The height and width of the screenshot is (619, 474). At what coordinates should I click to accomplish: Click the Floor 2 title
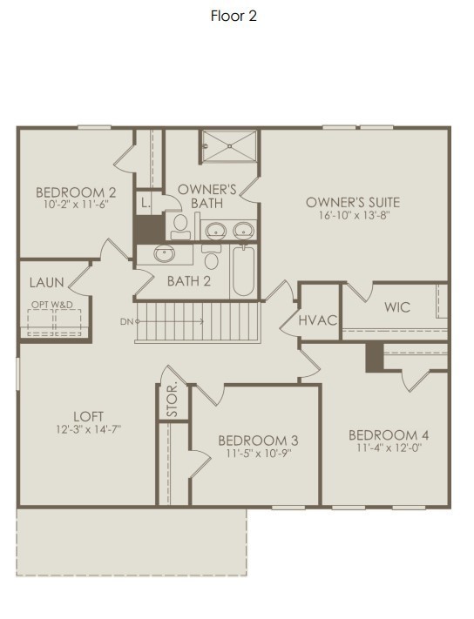[234, 16]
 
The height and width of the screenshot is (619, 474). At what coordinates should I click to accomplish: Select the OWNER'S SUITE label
[353, 202]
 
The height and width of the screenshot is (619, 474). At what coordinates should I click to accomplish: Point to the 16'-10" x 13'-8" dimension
[353, 215]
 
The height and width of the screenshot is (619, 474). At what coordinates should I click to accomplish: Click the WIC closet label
[397, 306]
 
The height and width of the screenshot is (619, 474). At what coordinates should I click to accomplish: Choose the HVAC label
[318, 320]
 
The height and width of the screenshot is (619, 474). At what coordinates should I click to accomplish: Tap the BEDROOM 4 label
[389, 435]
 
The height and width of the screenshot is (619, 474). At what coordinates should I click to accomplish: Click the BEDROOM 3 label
[258, 440]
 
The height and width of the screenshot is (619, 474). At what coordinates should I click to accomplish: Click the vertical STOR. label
[173, 399]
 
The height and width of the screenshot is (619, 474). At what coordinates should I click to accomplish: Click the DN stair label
[127, 322]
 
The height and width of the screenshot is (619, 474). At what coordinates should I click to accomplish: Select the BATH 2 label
[189, 281]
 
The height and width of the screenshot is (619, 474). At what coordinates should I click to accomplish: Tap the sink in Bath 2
[164, 254]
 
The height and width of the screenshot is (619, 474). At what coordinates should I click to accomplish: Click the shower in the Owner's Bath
[229, 145]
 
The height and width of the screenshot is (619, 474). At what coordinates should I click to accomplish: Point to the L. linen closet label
[146, 203]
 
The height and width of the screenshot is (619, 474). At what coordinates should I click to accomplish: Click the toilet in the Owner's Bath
[180, 226]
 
